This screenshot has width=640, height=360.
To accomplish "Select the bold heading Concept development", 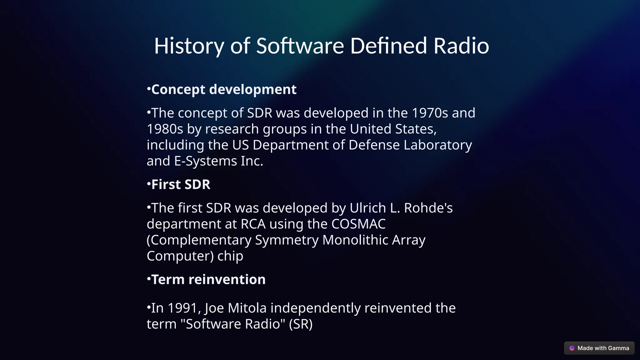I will pyautogui.click(x=223, y=90).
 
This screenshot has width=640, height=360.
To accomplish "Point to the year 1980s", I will pyautogui.click(x=165, y=129).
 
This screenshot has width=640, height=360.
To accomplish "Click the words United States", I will pyautogui.click(x=393, y=129).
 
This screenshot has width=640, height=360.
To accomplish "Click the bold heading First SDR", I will pyautogui.click(x=181, y=185).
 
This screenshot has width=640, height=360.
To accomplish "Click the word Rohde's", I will pyautogui.click(x=428, y=208).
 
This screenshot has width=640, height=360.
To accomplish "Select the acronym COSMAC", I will pyautogui.click(x=358, y=224).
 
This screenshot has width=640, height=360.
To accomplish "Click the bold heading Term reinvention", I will pyautogui.click(x=208, y=280).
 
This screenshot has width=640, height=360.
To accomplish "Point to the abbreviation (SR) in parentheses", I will pyautogui.click(x=301, y=324).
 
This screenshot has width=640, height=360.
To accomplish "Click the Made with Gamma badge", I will pyautogui.click(x=599, y=348).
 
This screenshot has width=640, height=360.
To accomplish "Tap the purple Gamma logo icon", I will pyautogui.click(x=572, y=348).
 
